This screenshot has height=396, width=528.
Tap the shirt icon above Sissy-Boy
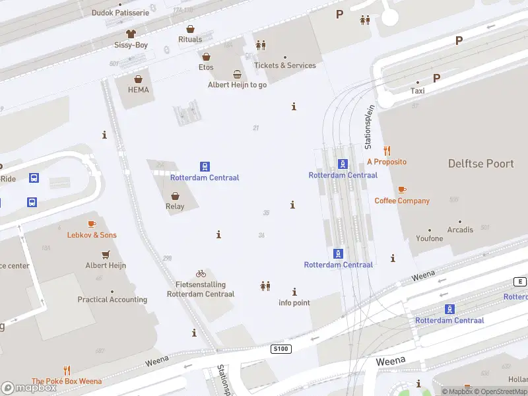(x=131, y=33)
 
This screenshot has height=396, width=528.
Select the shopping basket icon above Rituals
(x=190, y=29)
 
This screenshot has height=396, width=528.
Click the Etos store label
(x=206, y=67)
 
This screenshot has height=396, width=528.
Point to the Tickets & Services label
(x=285, y=65)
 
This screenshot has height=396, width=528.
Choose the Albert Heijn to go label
(x=237, y=84)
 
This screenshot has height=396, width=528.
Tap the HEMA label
(x=138, y=90)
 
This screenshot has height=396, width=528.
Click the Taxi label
(x=417, y=90)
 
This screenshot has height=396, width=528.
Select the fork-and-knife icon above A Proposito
(x=387, y=150)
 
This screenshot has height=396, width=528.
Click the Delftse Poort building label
(x=480, y=163)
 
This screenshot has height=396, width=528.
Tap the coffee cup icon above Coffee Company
(x=402, y=190)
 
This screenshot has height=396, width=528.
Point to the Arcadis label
(x=460, y=230)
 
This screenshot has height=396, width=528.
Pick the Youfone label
(x=430, y=238)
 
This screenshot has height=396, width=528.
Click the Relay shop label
(x=175, y=206)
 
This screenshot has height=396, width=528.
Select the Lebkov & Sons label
(x=92, y=235)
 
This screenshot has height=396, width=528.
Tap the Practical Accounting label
(x=112, y=300)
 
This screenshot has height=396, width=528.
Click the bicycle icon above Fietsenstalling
(x=201, y=273)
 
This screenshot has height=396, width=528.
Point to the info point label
(x=294, y=303)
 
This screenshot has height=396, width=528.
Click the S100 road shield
(x=280, y=348)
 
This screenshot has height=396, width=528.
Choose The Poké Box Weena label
(x=67, y=381)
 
